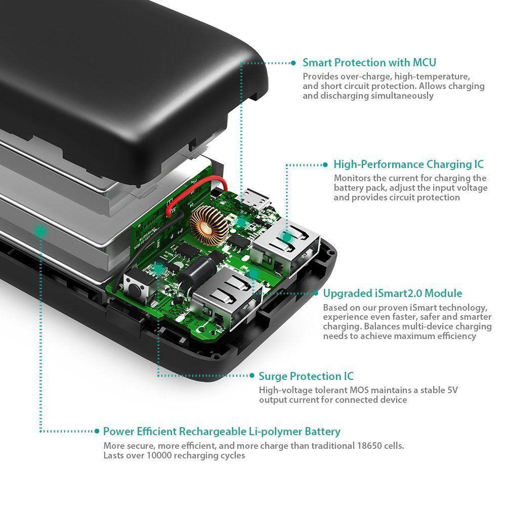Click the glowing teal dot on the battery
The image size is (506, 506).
pos(40,231)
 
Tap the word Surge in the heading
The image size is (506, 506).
pos(274,376)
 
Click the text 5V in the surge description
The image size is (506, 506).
pos(439,390)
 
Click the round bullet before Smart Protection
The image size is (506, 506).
pos(292,63)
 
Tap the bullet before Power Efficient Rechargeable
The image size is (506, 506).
pos(97,432)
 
